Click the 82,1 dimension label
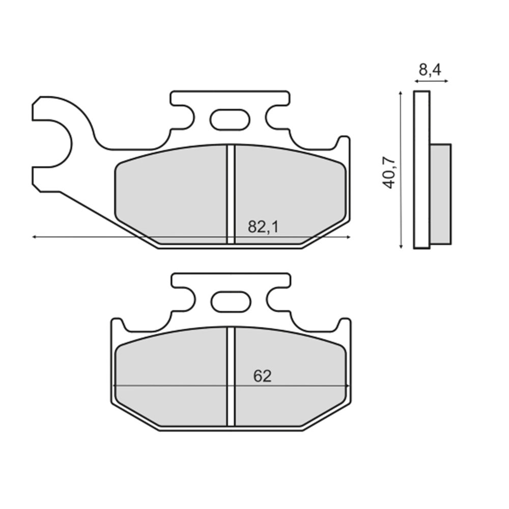pyautogui.click(x=263, y=227)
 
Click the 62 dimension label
pyautogui.click(x=263, y=376)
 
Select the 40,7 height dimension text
pyautogui.click(x=389, y=173)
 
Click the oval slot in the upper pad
pyautogui.click(x=230, y=120)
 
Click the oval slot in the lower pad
pyautogui.click(x=231, y=302)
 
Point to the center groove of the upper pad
pyautogui.click(x=230, y=193)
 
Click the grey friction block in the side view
pyautogui.click(x=441, y=193)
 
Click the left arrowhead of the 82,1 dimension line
pyautogui.click(x=34, y=237)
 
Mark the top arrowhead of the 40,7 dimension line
pyautogui.click(x=402, y=94)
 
